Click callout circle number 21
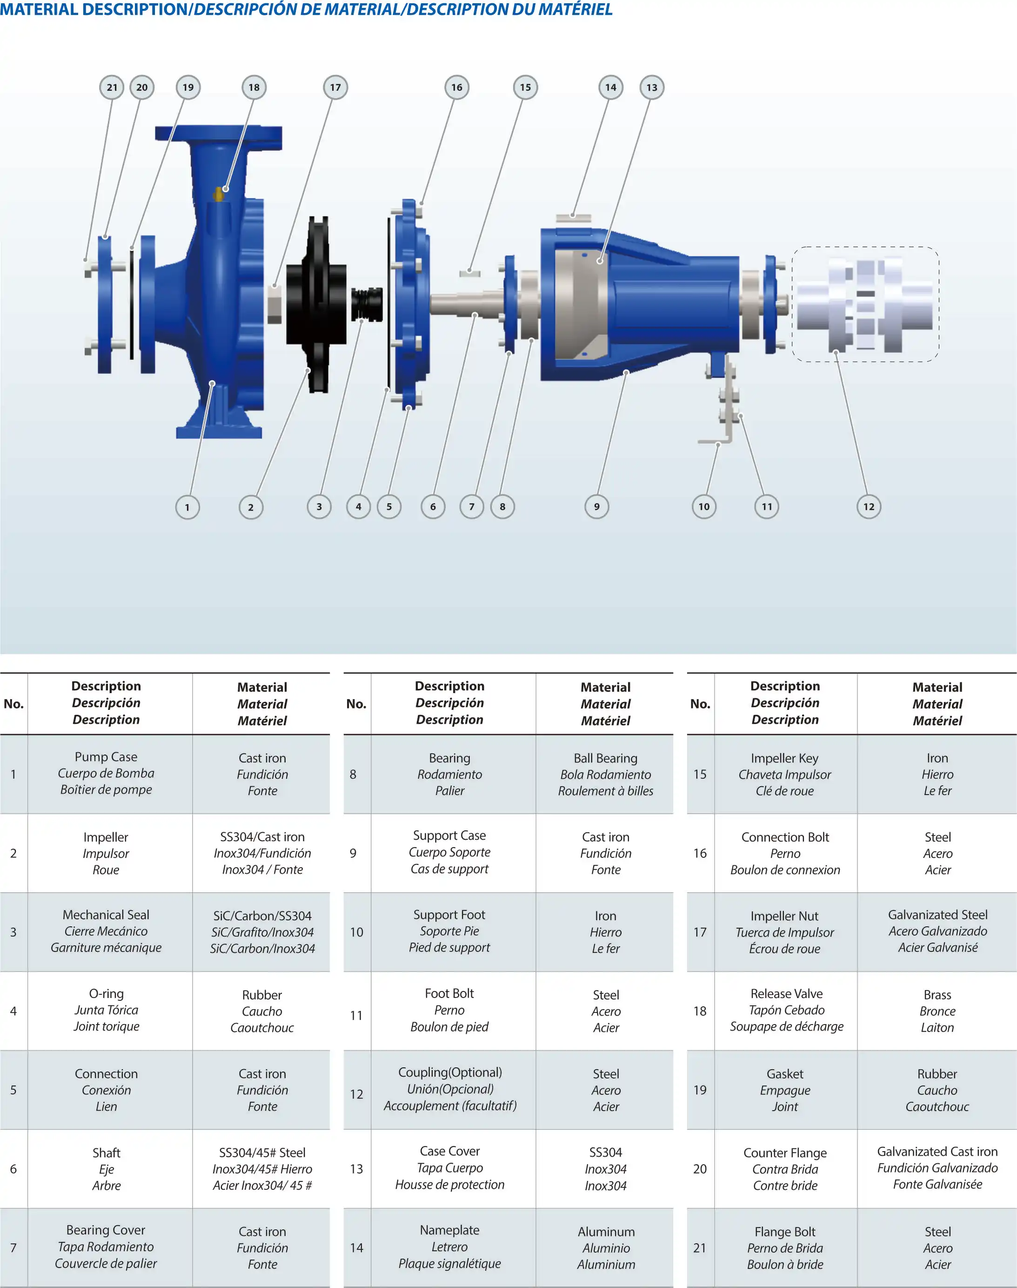coord(112,88)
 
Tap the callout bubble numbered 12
coord(869,507)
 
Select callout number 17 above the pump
coord(336,88)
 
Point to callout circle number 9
coord(596,507)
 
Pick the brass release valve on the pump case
coord(219,194)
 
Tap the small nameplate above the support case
coord(574,218)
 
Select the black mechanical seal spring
coord(367,304)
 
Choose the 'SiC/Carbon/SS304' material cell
coord(262,932)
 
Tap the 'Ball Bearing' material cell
coord(606,774)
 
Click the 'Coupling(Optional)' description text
coord(449,1072)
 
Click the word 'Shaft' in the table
coord(106,1153)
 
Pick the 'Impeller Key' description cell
coord(785,774)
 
